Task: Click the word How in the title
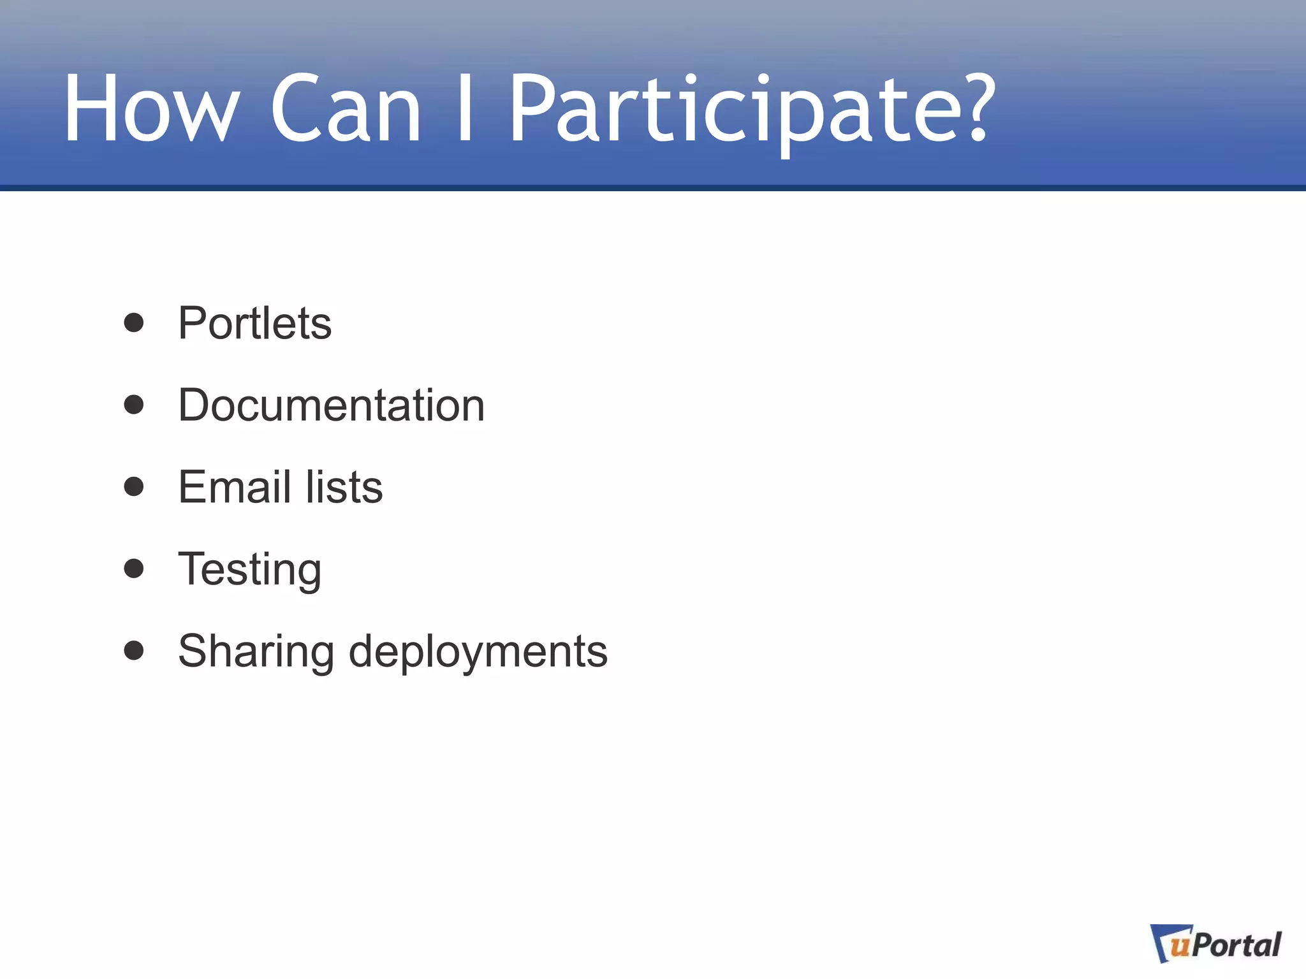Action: click(152, 108)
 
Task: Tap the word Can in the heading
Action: click(345, 108)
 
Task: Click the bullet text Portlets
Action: click(254, 323)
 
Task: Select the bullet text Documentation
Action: click(331, 405)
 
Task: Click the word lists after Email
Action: click(344, 488)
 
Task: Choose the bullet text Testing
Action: click(249, 569)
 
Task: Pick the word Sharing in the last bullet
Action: click(256, 651)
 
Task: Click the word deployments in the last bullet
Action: click(478, 651)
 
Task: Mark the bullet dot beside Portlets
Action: click(134, 323)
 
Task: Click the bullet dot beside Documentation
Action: click(134, 405)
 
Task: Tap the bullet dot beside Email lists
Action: click(134, 486)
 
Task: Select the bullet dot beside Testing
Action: click(134, 568)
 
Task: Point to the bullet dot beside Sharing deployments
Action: click(134, 650)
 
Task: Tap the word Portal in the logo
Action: click(1236, 945)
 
